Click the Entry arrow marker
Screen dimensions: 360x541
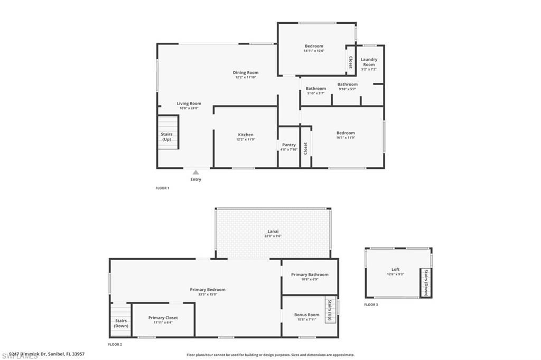pos(195,172)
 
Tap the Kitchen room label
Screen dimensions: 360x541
pos(246,135)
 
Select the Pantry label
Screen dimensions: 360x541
pos(289,145)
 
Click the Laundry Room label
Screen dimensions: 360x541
pos(369,62)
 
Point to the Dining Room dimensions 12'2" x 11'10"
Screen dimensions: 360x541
pos(246,78)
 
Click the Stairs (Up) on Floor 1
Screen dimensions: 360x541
pos(167,137)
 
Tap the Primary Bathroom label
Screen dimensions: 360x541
pos(310,274)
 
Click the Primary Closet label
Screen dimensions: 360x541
pos(163,318)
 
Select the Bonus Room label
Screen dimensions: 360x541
pos(307,315)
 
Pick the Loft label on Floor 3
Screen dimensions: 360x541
pos(395,270)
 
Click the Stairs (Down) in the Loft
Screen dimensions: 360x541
pos(426,283)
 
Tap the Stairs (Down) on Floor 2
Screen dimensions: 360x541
pos(121,323)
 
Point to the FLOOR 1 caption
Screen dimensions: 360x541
pos(162,188)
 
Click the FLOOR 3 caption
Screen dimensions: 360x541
pos(370,305)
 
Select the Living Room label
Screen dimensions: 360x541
pos(189,103)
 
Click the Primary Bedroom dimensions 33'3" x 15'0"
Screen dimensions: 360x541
pos(208,294)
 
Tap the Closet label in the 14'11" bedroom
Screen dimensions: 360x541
pos(350,62)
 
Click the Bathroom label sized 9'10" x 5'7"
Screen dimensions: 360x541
pos(348,84)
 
